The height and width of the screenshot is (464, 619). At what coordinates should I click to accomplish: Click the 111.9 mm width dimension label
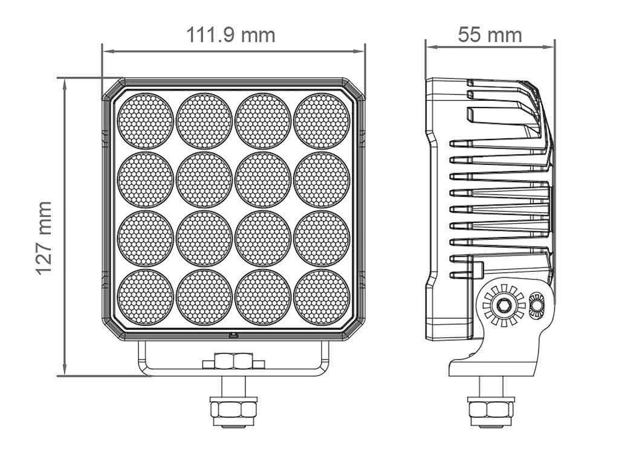pyautogui.click(x=230, y=35)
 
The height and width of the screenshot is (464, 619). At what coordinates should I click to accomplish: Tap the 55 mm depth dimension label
pyautogui.click(x=490, y=34)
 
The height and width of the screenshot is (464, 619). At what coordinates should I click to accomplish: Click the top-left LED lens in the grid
pyautogui.click(x=145, y=121)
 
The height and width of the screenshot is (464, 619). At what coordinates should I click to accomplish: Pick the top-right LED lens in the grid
pyautogui.click(x=322, y=121)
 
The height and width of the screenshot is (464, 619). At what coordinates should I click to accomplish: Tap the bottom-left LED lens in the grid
pyautogui.click(x=145, y=297)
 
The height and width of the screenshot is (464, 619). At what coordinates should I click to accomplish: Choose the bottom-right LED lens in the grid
pyautogui.click(x=322, y=297)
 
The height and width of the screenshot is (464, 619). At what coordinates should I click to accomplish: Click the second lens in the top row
pyautogui.click(x=204, y=121)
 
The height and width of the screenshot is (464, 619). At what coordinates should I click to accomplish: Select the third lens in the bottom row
pyautogui.click(x=263, y=297)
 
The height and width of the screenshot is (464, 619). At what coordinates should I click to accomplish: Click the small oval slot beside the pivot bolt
pyautogui.click(x=536, y=305)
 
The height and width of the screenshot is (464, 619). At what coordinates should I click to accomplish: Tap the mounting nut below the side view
pyautogui.click(x=491, y=409)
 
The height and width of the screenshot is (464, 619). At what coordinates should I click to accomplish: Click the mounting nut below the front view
pyautogui.click(x=233, y=409)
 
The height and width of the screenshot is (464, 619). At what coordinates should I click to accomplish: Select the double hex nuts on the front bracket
pyautogui.click(x=233, y=361)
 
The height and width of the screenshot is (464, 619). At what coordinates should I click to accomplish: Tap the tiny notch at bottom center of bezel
pyautogui.click(x=233, y=334)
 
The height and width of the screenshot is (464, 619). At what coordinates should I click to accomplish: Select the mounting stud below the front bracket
pyautogui.click(x=233, y=385)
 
